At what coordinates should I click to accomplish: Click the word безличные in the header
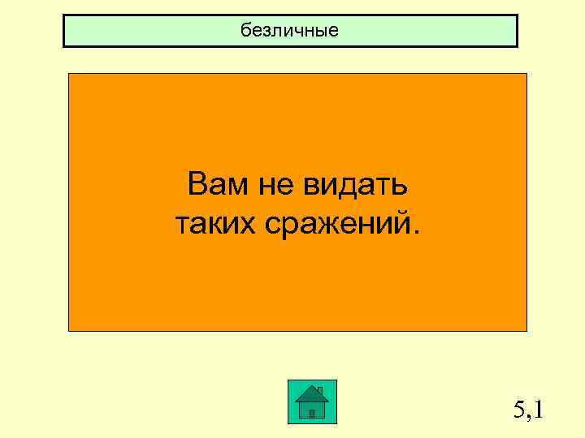(x=289, y=31)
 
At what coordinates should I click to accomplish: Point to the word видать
(x=356, y=186)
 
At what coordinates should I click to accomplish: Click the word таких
(x=213, y=221)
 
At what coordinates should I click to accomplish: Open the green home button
(x=312, y=401)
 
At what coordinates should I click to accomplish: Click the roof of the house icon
(x=312, y=395)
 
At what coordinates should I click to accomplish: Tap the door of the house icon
(x=312, y=413)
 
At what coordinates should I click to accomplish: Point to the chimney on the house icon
(x=320, y=390)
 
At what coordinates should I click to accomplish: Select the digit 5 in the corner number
(x=520, y=410)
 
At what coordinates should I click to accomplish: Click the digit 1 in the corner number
(x=538, y=410)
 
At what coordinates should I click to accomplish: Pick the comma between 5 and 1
(x=530, y=419)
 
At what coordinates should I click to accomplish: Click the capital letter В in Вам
(x=196, y=186)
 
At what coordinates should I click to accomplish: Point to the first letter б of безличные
(x=245, y=31)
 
